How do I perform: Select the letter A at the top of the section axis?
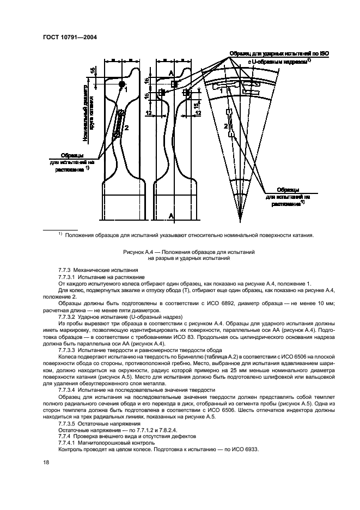click(170, 72)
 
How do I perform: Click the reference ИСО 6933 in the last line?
click(243, 449)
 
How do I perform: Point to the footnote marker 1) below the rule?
click(60, 234)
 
